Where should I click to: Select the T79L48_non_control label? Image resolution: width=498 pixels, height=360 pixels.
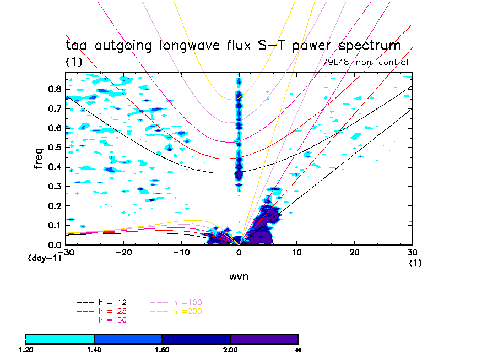(363, 62)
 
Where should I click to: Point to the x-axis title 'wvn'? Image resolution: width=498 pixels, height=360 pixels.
(239, 277)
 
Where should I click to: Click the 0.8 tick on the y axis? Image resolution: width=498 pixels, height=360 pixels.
(54, 89)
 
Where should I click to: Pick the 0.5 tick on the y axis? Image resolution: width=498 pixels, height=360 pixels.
(54, 148)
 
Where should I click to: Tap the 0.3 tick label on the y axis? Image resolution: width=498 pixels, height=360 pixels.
(54, 187)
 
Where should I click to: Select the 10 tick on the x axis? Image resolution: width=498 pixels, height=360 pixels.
(296, 252)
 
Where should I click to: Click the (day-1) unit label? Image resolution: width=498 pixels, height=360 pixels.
(43, 258)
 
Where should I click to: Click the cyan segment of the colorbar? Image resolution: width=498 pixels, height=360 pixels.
(60, 339)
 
